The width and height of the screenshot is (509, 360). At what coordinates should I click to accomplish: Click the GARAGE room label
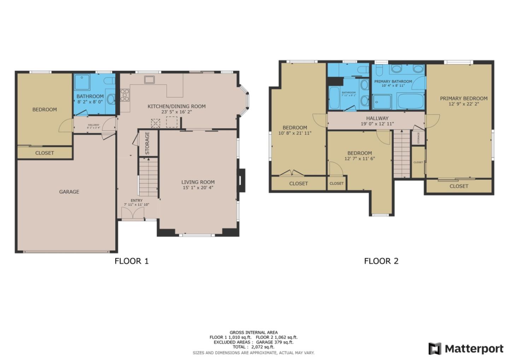(x=69, y=192)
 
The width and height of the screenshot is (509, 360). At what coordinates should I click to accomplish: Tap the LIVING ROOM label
(x=198, y=182)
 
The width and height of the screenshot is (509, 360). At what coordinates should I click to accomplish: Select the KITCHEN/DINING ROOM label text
(x=176, y=106)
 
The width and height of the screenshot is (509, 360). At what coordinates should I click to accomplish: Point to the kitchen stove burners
(x=125, y=95)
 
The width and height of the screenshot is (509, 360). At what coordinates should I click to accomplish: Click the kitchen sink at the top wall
(x=150, y=80)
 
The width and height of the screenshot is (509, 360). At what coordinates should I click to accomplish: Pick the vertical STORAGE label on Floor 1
(x=147, y=143)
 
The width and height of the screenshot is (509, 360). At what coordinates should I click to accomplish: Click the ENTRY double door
(x=133, y=213)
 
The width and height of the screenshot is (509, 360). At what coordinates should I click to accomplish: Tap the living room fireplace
(x=241, y=180)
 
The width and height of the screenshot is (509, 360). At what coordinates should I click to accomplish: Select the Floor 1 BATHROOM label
(x=90, y=96)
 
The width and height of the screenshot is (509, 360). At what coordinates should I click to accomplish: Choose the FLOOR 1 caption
(x=131, y=261)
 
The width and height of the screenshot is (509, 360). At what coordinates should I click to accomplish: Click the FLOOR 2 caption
(x=381, y=261)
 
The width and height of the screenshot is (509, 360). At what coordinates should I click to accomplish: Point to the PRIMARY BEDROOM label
(x=463, y=98)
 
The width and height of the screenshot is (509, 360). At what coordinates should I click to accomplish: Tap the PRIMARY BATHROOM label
(x=393, y=81)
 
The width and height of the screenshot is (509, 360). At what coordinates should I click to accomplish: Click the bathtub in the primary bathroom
(x=410, y=101)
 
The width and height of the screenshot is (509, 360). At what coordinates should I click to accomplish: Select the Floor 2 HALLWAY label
(x=377, y=118)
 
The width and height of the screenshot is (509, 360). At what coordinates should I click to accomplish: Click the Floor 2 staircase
(x=402, y=154)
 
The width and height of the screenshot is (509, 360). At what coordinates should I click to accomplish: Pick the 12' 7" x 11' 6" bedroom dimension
(x=359, y=159)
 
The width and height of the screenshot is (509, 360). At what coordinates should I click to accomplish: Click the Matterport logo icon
(x=435, y=349)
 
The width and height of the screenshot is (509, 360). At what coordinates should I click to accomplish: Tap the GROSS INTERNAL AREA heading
(x=253, y=332)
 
